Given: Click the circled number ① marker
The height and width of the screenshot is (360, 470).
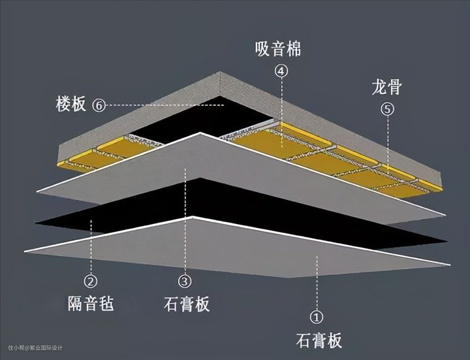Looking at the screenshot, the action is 317,317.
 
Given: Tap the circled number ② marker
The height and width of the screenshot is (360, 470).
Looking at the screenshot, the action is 91,281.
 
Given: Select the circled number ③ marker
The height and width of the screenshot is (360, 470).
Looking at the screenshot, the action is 185,281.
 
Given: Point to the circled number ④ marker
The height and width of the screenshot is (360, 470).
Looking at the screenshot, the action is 281,71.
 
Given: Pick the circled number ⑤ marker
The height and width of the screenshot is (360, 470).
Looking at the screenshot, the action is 388,109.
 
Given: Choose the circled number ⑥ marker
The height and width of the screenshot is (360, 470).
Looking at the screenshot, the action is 99,105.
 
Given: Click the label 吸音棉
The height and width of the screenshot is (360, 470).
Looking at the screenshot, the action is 278,49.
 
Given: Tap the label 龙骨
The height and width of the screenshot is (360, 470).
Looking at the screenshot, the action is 386,87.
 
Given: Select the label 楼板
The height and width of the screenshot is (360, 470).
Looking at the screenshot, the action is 70,104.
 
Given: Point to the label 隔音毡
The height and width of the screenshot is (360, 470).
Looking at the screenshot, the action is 91,303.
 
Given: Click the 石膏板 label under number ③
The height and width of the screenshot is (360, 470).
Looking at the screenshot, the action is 187,304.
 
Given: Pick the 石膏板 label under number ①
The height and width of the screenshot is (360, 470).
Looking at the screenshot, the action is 319,340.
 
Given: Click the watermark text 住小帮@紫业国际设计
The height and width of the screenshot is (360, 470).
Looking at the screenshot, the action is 35,348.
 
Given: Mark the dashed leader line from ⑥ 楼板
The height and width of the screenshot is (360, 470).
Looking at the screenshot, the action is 165,105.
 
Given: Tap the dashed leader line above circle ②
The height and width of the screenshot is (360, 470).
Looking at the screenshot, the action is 91,247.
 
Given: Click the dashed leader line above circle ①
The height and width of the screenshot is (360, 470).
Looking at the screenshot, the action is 317,283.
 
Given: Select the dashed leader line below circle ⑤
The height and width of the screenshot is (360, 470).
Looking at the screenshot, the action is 388,146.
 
